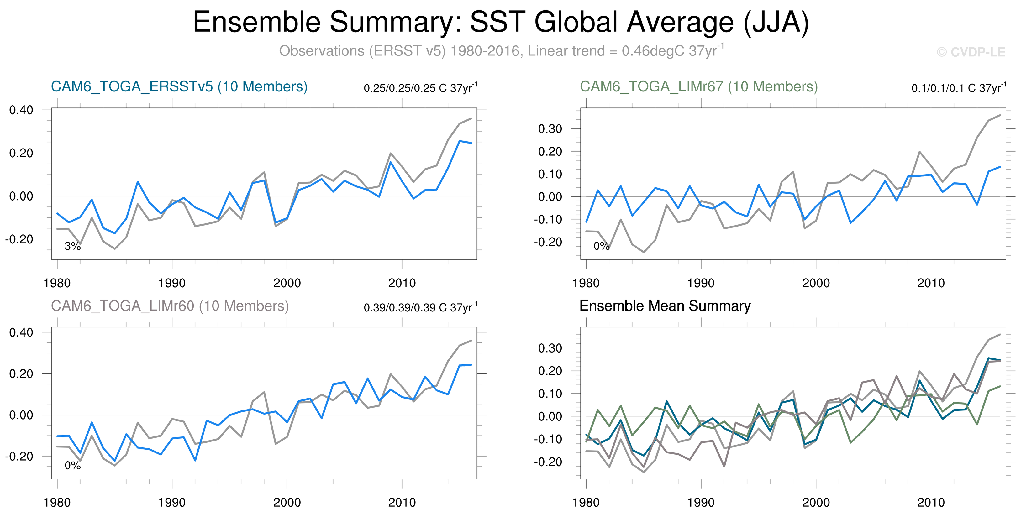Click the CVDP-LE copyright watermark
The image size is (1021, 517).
[x=971, y=52]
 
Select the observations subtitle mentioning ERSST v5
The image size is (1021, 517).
[x=501, y=51]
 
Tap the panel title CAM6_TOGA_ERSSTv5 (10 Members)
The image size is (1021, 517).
[x=179, y=86]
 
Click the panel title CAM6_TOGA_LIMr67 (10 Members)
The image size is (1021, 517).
[x=698, y=86]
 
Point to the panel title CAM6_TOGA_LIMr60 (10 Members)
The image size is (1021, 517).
[x=170, y=306]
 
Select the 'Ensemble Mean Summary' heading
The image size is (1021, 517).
[x=665, y=306]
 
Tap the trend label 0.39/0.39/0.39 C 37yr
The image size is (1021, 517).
[x=420, y=307]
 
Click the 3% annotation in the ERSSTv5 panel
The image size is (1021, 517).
[x=72, y=246]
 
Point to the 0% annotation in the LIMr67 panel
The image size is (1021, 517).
[x=601, y=246]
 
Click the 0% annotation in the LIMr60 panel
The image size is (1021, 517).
[x=72, y=466]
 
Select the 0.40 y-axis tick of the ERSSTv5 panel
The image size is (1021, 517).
[x=21, y=110]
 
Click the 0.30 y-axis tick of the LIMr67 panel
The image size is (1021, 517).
[x=550, y=129]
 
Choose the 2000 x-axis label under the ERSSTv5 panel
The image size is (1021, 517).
[x=287, y=283]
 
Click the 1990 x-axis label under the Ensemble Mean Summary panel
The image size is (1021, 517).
[x=701, y=502]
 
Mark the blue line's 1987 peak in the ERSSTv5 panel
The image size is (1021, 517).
[x=138, y=182]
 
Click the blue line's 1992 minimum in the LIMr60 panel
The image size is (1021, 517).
[x=195, y=460]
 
